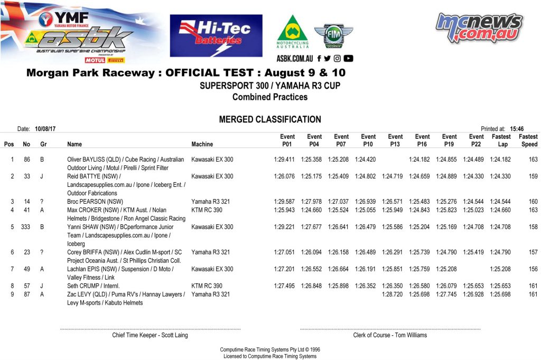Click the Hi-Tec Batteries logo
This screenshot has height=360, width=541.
pos(216,36)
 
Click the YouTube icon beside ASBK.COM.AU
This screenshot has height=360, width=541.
pos(348,59)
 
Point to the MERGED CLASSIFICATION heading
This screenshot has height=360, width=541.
pos(270,120)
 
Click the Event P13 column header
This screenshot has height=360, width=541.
pos(395,140)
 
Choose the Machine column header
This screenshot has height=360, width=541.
pos(202,144)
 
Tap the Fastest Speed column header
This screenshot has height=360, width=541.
pos(528,140)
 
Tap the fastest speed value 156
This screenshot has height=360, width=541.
pos(533,269)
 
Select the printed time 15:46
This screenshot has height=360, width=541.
pos(517,128)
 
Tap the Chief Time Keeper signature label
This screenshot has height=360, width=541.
pos(150,335)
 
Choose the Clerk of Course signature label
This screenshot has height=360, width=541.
pos(390,335)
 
